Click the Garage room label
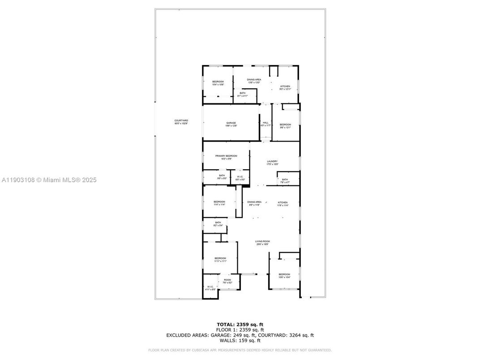231,123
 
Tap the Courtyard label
181,120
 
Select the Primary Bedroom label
226,156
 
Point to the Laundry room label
272,161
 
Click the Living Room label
263,241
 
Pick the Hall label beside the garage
266,123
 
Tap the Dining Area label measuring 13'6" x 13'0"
254,79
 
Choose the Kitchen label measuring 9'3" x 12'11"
285,86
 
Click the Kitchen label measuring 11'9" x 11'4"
283,202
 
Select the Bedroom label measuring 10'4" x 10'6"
218,81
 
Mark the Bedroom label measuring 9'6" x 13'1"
285,124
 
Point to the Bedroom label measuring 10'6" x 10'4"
284,274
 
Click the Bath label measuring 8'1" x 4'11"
242,93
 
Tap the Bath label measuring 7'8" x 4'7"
285,180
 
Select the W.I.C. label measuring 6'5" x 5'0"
240,177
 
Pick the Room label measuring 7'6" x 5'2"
227,280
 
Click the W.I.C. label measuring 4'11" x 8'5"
210,287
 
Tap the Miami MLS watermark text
49,180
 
